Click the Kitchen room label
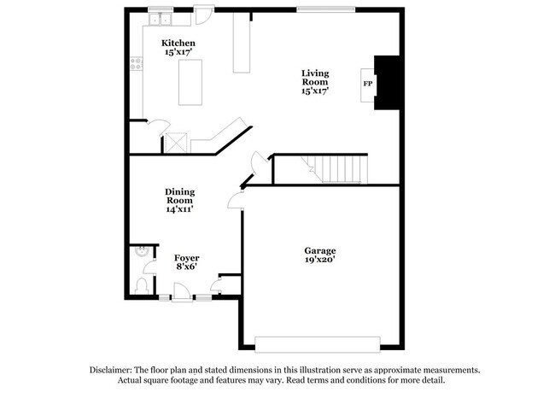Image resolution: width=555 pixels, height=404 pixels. [x=178, y=43]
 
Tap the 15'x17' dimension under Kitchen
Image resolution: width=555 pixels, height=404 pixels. [x=178, y=52]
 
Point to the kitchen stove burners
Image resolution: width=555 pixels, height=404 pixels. [x=135, y=62]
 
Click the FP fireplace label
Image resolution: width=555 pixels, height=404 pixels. [x=368, y=84]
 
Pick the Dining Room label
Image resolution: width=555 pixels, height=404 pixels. [x=179, y=196]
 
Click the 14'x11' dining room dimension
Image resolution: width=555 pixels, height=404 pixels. [x=179, y=209]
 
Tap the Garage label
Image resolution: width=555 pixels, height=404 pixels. [x=320, y=250]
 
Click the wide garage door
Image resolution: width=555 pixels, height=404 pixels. [x=317, y=343]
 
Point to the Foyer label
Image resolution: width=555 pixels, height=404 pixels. [x=187, y=257]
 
